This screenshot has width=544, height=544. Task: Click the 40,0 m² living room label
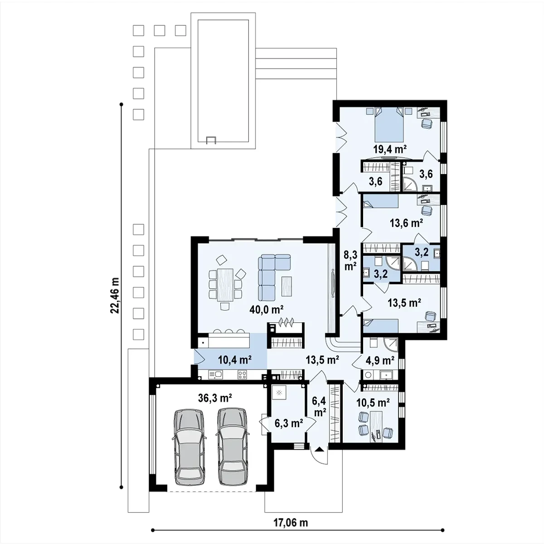click(266, 310)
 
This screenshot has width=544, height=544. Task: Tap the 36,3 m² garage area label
click(215, 398)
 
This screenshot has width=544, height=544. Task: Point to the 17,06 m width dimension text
click(291, 523)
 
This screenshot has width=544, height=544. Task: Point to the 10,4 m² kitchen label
click(235, 359)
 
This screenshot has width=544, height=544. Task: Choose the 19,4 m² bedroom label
click(390, 149)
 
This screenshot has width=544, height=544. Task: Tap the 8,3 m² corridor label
click(350, 260)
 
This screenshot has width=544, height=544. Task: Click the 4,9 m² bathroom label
click(380, 360)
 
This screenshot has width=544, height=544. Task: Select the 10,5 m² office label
click(373, 403)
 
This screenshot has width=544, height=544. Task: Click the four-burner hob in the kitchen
click(242, 374)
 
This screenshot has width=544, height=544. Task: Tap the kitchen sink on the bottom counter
click(215, 374)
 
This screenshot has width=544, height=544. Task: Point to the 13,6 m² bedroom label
click(406, 223)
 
